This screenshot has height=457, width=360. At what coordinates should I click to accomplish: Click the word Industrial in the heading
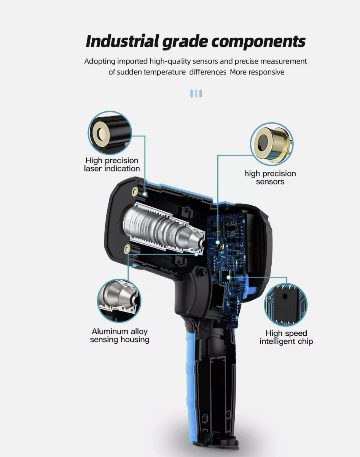(122, 41)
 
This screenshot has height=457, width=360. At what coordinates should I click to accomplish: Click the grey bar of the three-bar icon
(201, 94)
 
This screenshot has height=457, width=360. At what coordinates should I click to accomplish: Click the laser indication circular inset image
(110, 133)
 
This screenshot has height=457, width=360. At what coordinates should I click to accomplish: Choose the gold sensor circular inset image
(272, 144)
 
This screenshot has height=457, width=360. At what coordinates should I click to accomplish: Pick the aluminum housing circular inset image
(119, 301)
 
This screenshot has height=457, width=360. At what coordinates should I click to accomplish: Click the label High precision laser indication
(112, 165)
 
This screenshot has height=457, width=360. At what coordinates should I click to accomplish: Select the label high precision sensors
(270, 178)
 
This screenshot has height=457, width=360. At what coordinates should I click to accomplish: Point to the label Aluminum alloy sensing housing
(119, 336)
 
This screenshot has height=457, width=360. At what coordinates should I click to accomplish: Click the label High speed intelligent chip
(286, 337)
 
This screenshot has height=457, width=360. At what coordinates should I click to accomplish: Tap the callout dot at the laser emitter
(145, 194)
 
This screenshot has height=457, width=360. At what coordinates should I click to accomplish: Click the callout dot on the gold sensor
(218, 242)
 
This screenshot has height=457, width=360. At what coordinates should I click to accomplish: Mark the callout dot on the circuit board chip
(228, 277)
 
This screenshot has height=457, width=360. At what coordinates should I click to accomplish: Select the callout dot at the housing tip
(196, 254)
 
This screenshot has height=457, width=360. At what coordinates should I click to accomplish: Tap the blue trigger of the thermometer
(251, 287)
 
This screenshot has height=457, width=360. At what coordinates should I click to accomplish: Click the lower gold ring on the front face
(127, 249)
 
